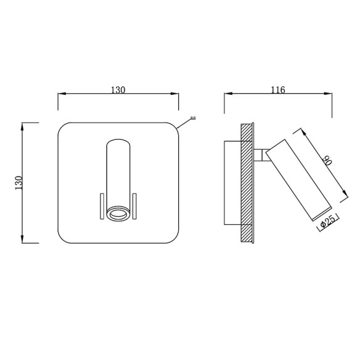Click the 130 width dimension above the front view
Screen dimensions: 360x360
point(118,90)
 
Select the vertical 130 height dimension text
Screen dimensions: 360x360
point(18,182)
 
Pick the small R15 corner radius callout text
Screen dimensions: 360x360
point(193,118)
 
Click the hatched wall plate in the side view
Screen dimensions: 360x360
point(247,182)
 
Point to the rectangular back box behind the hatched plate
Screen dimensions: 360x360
point(232,182)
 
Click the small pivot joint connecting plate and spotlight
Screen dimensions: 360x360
point(261,154)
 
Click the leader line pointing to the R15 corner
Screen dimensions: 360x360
point(184,123)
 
